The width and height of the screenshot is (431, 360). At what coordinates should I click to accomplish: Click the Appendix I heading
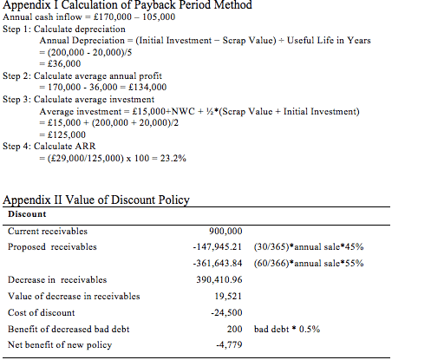tap(127, 5)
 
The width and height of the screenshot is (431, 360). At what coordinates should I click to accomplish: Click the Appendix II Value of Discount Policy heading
tap(96, 200)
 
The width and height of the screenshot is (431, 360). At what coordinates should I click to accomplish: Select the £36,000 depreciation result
tap(64, 63)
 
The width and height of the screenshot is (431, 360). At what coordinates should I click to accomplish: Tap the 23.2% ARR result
tap(173, 158)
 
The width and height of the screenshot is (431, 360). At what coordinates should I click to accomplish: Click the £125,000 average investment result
tap(67, 134)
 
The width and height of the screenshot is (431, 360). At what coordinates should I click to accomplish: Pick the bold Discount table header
tap(27, 214)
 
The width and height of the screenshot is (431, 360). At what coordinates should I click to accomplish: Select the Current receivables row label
tap(48, 231)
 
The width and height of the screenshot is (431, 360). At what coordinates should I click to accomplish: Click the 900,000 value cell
tap(225, 231)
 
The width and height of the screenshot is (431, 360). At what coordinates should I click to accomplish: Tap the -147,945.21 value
tap(218, 247)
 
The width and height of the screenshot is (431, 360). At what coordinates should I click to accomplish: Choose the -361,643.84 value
tap(218, 264)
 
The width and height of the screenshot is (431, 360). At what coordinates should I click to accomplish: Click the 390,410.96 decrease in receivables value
tap(219, 279)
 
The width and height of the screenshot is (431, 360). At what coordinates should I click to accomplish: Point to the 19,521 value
tap(228, 296)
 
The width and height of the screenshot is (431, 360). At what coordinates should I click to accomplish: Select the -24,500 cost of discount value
tap(226, 312)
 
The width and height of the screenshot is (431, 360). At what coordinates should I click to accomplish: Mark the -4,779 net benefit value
tap(229, 344)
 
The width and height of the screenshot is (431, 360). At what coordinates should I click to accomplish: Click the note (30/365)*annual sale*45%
tap(309, 247)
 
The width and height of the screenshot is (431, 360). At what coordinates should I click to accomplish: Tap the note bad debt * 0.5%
tap(287, 329)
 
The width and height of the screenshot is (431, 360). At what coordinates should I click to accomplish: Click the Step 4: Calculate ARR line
tap(49, 146)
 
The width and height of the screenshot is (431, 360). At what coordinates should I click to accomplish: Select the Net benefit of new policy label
tap(60, 345)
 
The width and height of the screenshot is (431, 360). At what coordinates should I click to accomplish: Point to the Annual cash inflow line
tap(89, 16)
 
